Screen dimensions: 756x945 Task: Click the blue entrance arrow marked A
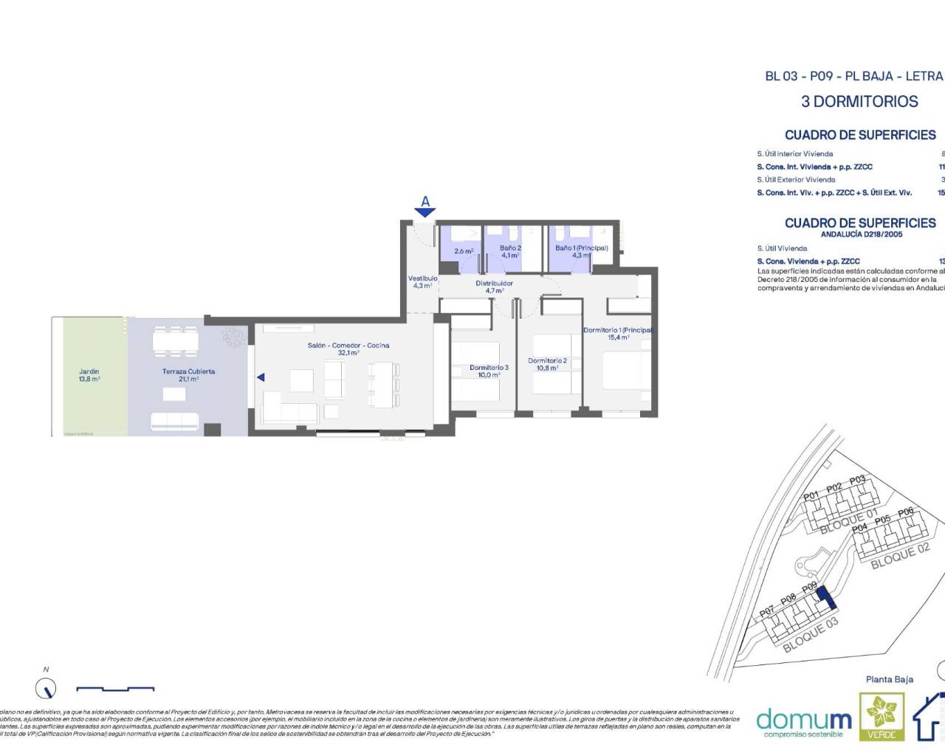tap(425, 211)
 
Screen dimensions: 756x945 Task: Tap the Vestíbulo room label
tap(423, 281)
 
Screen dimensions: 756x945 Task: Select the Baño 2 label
tap(510, 251)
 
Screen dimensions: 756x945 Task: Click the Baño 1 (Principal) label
tap(581, 251)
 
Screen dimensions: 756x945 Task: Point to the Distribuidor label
tap(494, 286)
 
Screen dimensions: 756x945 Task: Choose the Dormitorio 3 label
tap(489, 371)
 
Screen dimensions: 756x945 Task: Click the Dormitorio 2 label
tap(547, 364)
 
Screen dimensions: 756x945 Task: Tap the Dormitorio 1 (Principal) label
tap(619, 333)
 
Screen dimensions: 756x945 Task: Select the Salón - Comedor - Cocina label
tap(348, 348)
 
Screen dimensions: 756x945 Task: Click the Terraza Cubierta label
tap(188, 374)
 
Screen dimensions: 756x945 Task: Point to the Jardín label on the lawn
tap(89, 375)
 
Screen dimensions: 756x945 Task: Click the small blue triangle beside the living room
tap(260, 377)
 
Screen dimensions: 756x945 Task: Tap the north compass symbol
tap(46, 689)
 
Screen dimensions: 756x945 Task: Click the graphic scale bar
tap(115, 689)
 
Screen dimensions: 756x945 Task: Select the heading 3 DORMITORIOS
tap(859, 102)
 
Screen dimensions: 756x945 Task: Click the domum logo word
tap(803, 718)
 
